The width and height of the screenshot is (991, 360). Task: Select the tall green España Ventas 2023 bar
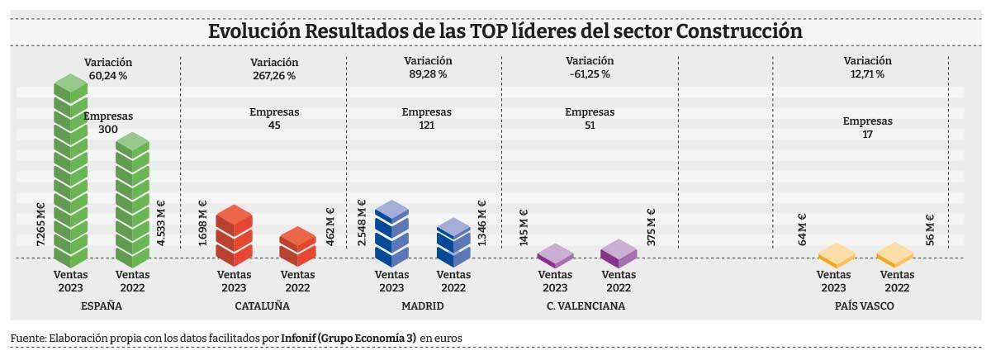(71, 173)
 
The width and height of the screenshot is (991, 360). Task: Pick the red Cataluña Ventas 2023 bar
(234, 234)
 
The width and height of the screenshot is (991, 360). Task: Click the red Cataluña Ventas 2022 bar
(297, 246)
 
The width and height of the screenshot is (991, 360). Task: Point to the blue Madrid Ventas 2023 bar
(391, 233)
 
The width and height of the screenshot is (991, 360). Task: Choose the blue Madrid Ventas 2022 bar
(453, 242)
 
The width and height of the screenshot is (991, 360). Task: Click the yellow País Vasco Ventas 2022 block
(896, 255)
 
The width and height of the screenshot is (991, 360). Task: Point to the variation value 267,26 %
(274, 75)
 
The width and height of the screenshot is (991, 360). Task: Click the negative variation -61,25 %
(590, 74)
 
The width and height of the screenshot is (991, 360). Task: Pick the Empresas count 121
(427, 126)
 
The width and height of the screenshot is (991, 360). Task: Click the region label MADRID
(422, 306)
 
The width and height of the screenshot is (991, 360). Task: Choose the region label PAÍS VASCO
(863, 306)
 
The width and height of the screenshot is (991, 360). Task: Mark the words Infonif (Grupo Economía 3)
(348, 339)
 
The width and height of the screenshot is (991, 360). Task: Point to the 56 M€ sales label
(930, 230)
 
